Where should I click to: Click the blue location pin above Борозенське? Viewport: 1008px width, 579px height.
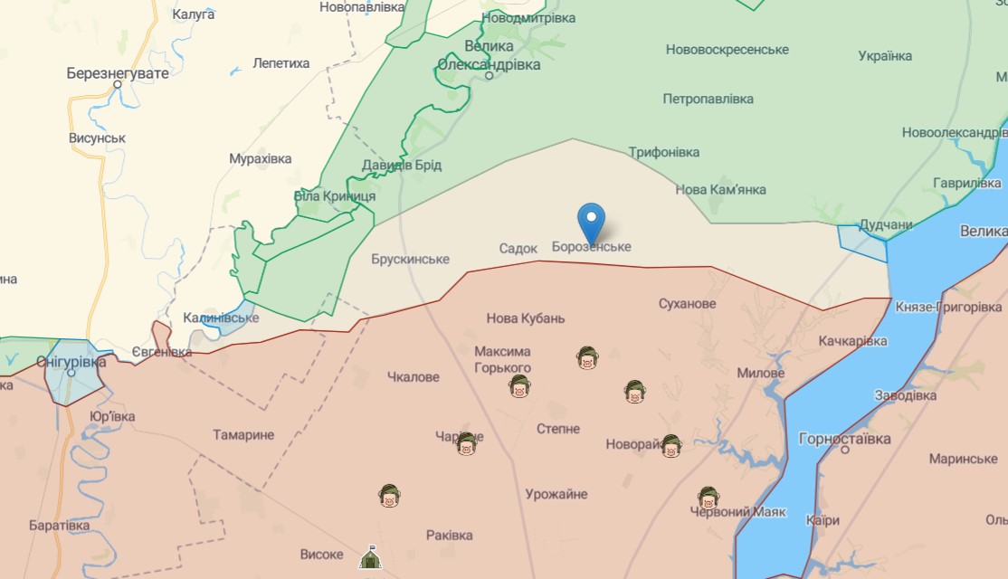coord(591,220)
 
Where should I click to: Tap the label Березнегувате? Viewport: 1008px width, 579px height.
coord(118,73)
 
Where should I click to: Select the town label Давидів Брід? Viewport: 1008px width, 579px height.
coord(402,165)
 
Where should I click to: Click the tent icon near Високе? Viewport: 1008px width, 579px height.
coord(369,557)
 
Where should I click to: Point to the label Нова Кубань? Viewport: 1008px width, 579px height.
coord(526,318)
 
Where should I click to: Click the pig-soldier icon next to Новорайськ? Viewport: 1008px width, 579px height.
coord(670,446)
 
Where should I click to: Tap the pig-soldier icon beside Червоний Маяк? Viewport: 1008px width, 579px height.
coord(708,498)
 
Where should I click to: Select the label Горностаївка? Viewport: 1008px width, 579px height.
coord(844,439)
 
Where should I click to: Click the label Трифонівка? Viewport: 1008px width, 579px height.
coord(664,152)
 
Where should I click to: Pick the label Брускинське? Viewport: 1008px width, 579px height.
coord(410,259)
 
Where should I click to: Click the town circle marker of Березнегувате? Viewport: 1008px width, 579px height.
coord(117,85)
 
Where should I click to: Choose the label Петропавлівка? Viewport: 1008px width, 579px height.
coord(708,98)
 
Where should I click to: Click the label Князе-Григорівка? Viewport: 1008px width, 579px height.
coord(948,308)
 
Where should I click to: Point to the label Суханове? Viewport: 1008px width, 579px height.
coord(687,303)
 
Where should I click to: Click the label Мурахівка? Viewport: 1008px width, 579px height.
coord(261,158)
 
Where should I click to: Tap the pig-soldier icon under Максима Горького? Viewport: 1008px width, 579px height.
coord(518,387)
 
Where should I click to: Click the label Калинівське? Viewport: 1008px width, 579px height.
coord(221,318)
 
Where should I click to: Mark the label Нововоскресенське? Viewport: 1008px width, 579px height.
coord(727,49)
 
